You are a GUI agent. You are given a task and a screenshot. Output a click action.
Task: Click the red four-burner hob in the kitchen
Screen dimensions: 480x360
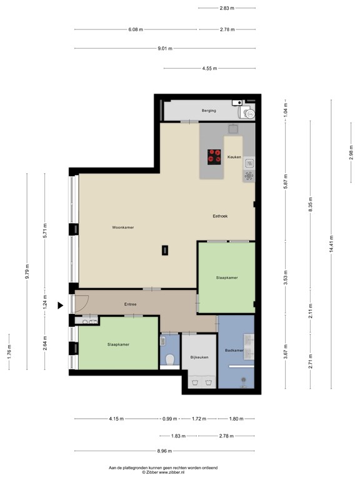[214, 156]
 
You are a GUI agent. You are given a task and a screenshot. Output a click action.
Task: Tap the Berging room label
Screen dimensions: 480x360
[209, 111]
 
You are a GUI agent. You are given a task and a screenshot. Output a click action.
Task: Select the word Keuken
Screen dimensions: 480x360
[234, 157]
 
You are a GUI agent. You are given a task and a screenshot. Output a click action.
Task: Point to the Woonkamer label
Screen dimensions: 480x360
[123, 227]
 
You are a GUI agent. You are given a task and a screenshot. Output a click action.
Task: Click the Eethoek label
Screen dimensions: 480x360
[219, 216]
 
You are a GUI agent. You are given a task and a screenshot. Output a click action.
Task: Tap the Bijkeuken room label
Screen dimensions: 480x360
[199, 357]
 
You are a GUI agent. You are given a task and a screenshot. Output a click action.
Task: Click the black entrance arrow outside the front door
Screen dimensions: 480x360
[61, 306]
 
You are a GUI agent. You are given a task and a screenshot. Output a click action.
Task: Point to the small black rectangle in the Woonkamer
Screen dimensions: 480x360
[164, 249]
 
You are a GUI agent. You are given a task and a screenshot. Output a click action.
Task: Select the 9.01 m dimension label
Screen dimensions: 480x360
[164, 48]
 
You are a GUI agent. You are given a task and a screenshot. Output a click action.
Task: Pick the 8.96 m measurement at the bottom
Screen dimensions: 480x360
[164, 451]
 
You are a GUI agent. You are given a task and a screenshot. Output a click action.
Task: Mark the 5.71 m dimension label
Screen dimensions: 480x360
[44, 233]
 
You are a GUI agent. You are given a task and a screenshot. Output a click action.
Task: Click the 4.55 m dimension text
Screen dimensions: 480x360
[209, 68]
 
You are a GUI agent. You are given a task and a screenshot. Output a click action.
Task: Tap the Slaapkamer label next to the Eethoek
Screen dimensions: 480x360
[226, 277]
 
